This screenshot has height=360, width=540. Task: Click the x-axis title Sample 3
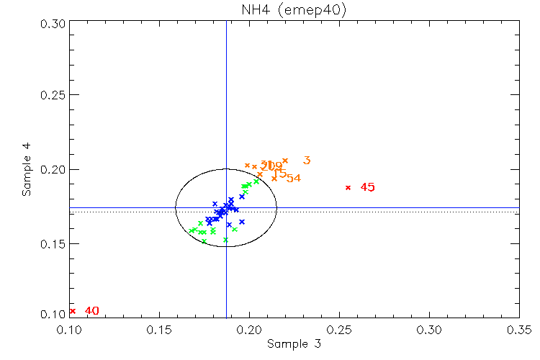[x=294, y=344]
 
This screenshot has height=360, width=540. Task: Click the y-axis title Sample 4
[x=27, y=170]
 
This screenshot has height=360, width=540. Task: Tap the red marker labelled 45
[x=348, y=187]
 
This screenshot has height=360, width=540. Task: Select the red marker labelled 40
[x=73, y=311]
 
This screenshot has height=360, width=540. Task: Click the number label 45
[x=367, y=187]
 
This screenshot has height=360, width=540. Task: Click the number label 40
[x=91, y=311]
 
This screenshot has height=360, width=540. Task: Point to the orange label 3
[x=307, y=161]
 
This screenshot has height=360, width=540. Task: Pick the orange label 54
[x=293, y=179]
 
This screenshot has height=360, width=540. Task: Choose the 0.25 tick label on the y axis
[x=53, y=96]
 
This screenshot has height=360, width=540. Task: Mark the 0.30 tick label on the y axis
[x=53, y=23]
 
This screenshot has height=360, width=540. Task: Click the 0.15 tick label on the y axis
[x=53, y=244]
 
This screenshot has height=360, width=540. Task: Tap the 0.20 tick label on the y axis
[x=53, y=170]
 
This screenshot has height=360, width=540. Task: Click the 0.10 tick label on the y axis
[x=53, y=315]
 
